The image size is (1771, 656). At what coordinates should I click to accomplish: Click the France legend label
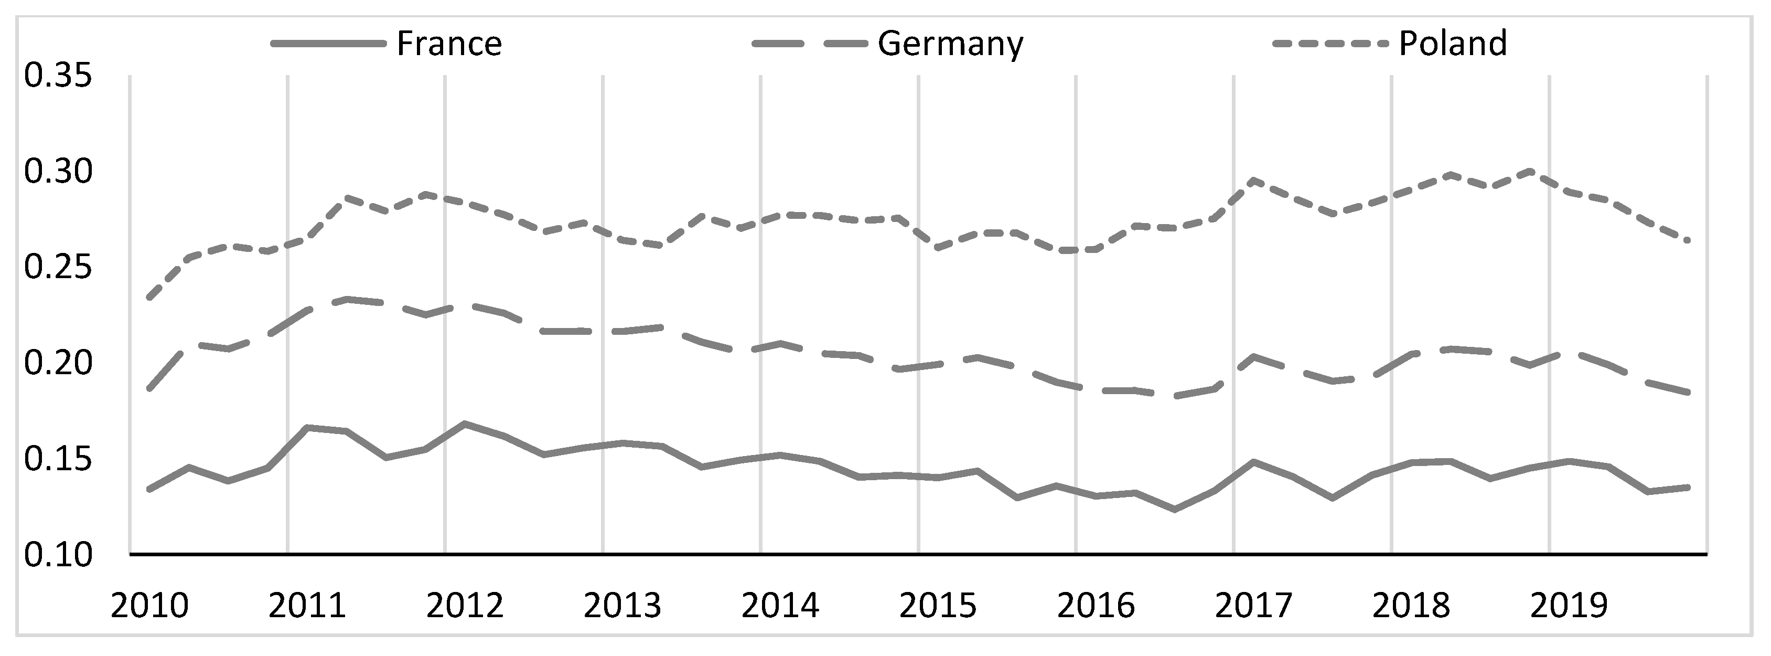pos(449,44)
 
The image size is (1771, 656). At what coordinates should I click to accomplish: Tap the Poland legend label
pos(1453,44)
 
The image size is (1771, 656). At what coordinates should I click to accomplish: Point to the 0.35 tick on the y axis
pos(58,76)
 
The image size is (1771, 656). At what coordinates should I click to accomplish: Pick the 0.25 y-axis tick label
pos(58,268)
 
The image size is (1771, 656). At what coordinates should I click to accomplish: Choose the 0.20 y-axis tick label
pos(58,364)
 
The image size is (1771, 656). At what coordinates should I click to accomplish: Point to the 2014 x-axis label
pos(780,606)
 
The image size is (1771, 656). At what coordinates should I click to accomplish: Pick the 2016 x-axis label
pos(1096,606)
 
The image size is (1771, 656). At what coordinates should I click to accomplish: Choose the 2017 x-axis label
pos(1254,606)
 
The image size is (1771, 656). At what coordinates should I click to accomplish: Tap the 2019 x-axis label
pos(1570,606)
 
